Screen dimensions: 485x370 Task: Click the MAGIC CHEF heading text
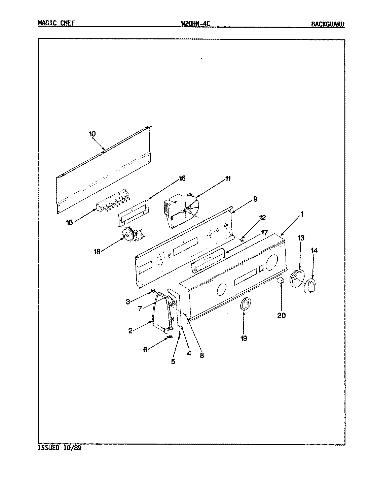coord(56,23)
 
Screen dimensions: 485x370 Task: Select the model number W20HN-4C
coord(195,23)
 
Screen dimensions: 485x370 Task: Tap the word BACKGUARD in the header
coord(328,24)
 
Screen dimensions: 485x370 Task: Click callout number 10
coord(92,134)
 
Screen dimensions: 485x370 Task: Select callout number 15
coord(70,222)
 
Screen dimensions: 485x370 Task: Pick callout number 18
coord(97,251)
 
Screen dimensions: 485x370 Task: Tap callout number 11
coord(228,179)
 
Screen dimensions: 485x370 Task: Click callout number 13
coord(301,238)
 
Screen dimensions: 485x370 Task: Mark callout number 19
coord(244,338)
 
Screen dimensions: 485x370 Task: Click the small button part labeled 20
coord(281,281)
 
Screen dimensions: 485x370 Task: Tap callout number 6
coord(145,350)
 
